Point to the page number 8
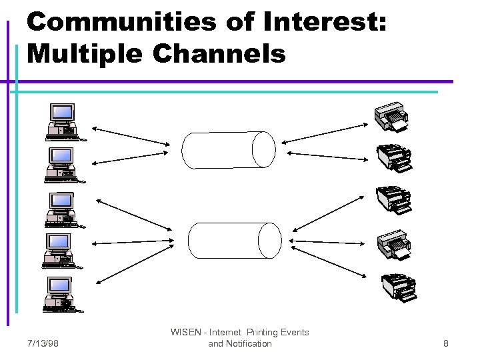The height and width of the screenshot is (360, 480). pos(446,344)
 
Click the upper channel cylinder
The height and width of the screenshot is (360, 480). pos(229,150)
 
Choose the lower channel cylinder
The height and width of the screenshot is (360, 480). pos(235,240)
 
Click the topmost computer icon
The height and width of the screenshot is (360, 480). pos(62,122)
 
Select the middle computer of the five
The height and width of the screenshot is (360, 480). pos(62,209)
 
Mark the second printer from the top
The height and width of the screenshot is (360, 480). pos(394,158)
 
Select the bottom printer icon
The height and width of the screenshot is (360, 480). pos(398,287)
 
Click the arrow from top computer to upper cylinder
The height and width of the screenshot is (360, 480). pos(131,135)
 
